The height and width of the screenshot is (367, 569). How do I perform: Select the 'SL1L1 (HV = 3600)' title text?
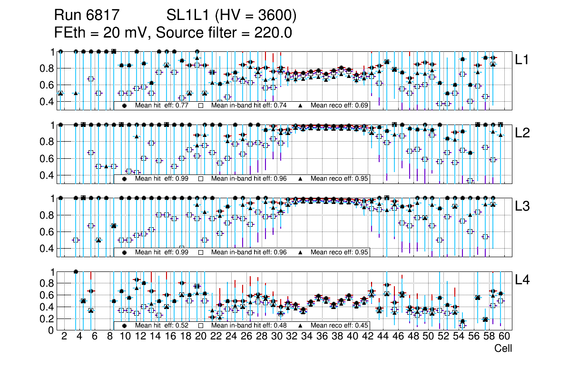[232, 16]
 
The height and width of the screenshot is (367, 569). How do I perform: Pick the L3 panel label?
[523, 206]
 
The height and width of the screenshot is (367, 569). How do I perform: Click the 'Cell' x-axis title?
[503, 348]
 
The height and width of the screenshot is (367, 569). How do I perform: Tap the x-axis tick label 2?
[64, 337]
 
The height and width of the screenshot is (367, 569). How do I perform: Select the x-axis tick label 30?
[276, 337]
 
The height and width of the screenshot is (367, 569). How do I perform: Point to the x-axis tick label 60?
[504, 337]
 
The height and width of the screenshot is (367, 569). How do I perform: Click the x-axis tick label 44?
[383, 337]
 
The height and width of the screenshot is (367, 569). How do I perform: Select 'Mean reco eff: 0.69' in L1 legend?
[340, 106]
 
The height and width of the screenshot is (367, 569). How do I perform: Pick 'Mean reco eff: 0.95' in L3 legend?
[340, 252]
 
